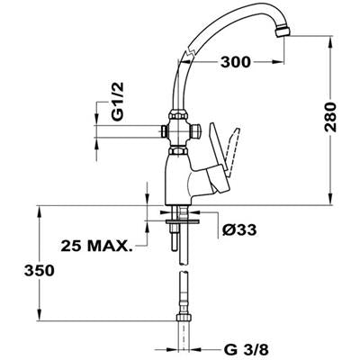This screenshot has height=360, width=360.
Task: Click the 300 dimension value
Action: (x=235, y=62)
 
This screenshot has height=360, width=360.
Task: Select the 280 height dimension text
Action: (x=330, y=117)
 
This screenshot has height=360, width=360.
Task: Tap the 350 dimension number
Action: (x=40, y=271)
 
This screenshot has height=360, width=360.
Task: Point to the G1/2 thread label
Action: (x=118, y=102)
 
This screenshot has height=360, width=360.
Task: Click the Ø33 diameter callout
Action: (x=239, y=230)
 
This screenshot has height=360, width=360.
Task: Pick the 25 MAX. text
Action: (x=96, y=247)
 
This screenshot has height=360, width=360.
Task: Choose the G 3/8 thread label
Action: (x=246, y=349)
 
